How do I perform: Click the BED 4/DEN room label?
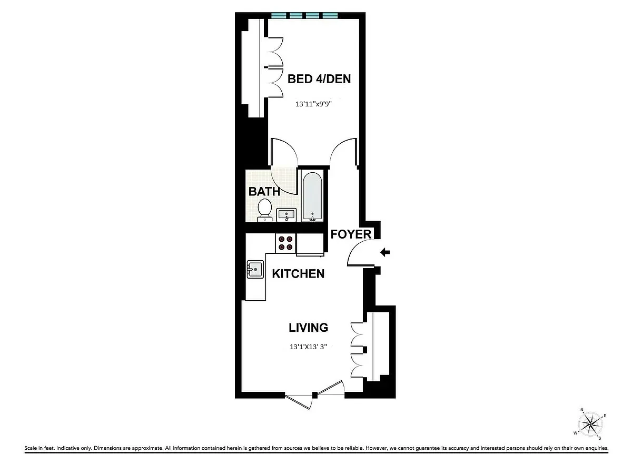[319, 79]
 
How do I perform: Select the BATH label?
[264, 191]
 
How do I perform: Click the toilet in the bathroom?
[264, 209]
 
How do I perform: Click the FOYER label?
[351, 234]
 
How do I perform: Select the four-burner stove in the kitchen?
[286, 243]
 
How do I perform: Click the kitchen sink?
[255, 270]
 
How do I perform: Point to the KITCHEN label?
[298, 274]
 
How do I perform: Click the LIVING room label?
[309, 328]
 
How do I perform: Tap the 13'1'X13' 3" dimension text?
[312, 348]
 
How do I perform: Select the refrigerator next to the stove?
[310, 244]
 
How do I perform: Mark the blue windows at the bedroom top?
[304, 15]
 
